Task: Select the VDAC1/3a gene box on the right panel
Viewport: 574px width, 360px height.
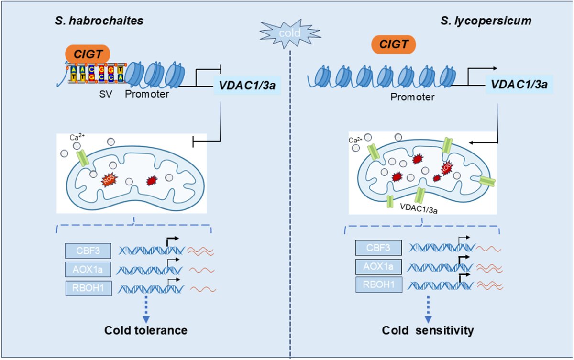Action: click(x=519, y=86)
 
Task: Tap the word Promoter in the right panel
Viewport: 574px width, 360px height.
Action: click(x=412, y=98)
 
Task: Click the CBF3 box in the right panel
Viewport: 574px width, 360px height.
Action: click(x=378, y=248)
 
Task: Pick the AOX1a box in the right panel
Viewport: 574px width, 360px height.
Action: click(x=378, y=266)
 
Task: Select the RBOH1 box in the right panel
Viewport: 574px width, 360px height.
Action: click(x=378, y=285)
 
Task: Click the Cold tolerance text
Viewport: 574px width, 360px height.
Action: click(x=146, y=330)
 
